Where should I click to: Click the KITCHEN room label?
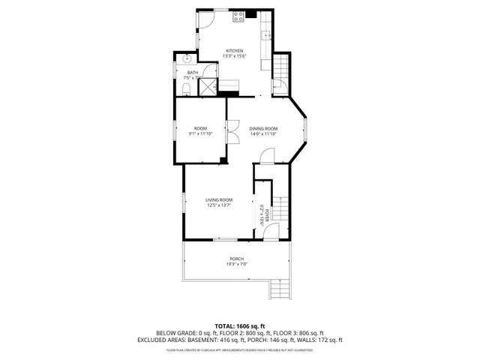click(235, 50)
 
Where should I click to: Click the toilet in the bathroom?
click(185, 90)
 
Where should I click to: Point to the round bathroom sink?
click(188, 57)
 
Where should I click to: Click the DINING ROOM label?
click(263, 128)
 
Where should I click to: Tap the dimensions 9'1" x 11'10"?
click(200, 133)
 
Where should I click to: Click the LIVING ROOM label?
click(219, 199)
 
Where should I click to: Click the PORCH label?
click(237, 259)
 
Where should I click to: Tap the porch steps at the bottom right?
click(278, 289)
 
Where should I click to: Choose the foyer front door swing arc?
click(271, 232)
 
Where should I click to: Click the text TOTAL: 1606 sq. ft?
click(239, 325)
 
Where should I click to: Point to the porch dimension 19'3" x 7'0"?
click(237, 264)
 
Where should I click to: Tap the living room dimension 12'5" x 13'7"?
click(219, 205)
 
